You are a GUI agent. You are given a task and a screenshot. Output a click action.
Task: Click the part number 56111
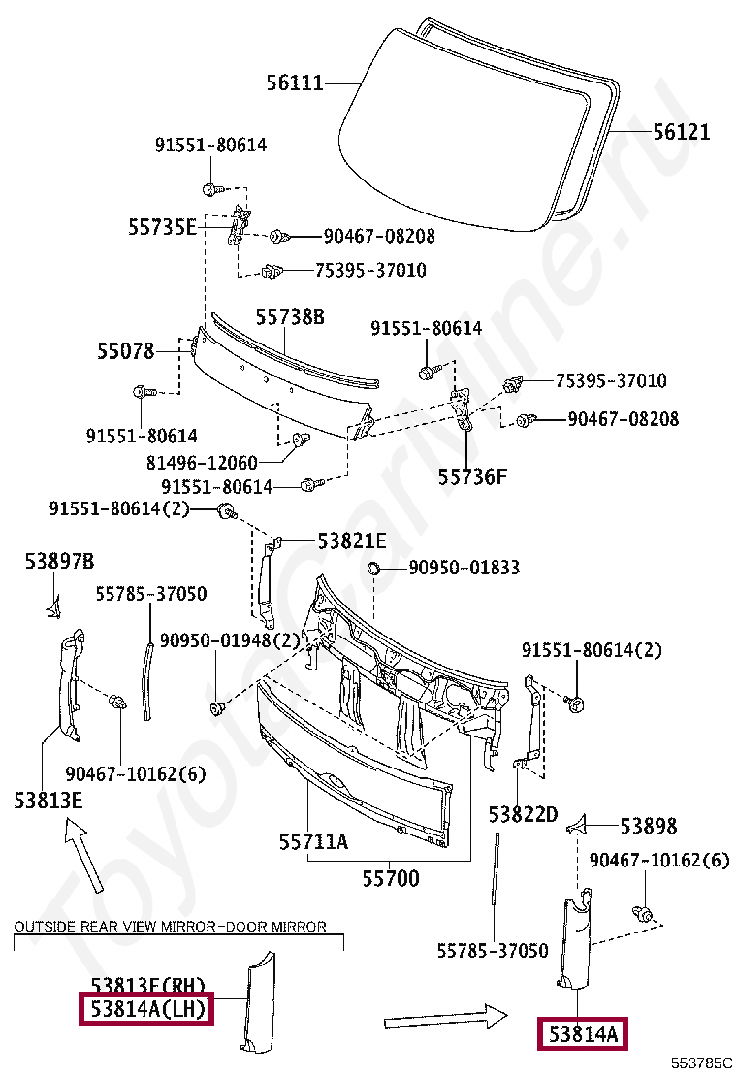coord(295,83)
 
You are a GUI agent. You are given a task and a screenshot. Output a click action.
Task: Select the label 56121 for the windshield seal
coord(681,132)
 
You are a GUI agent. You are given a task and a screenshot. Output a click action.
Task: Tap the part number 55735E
coord(162,227)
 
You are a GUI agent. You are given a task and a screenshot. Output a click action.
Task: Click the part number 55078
coord(125,351)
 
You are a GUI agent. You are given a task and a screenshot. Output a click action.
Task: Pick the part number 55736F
coord(472,476)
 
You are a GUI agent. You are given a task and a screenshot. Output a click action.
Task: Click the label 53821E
coord(352,540)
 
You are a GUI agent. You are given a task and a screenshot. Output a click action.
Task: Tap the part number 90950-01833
coord(464,568)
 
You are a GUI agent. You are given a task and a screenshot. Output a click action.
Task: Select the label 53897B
coord(60,561)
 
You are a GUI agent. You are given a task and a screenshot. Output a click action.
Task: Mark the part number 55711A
coord(313,842)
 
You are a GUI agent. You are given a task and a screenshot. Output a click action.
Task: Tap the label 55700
coord(391,879)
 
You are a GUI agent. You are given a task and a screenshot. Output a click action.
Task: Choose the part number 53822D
coord(523,813)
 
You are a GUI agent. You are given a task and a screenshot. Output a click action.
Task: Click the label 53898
coord(649,826)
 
